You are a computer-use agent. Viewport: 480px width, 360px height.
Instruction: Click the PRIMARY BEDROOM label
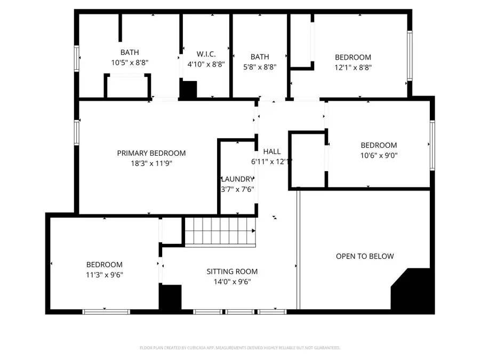[151, 153]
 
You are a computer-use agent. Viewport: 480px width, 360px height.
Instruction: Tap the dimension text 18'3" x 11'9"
[151, 164]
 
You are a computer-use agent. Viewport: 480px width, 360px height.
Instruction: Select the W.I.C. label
[206, 53]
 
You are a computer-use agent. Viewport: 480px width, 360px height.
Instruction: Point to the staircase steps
[219, 231]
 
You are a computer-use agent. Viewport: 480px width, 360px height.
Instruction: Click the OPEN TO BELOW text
[365, 256]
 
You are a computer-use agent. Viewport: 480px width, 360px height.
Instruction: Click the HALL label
[271, 151]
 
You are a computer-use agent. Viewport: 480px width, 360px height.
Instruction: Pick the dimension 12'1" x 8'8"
[353, 68]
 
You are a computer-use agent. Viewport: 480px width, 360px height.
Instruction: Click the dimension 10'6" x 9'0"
[379, 156]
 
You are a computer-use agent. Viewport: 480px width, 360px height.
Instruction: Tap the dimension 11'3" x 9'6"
[105, 275]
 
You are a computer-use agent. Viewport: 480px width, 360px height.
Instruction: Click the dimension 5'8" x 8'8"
[260, 68]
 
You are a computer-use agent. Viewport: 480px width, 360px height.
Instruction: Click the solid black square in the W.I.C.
[188, 89]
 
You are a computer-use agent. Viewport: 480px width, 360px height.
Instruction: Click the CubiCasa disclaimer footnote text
[239, 348]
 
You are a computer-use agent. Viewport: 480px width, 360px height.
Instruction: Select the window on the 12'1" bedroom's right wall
[410, 55]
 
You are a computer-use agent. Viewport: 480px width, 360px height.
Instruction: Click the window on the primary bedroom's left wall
[77, 132]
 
